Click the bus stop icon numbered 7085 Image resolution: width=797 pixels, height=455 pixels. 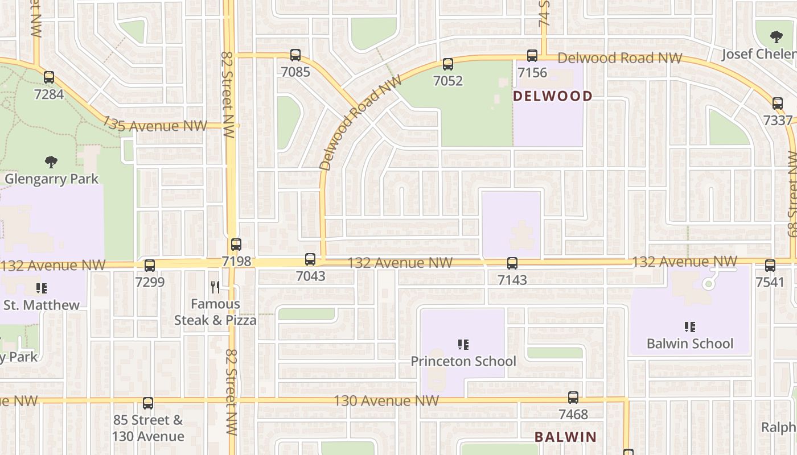295,55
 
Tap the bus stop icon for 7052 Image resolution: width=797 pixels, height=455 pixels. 448,64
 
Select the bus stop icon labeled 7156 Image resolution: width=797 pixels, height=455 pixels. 532,56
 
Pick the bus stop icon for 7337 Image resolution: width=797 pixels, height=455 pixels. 778,104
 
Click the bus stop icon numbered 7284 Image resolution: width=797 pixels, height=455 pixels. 49,77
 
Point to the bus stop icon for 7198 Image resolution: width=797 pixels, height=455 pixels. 236,245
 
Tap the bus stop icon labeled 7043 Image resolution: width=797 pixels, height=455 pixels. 310,259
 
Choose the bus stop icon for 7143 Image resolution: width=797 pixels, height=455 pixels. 512,263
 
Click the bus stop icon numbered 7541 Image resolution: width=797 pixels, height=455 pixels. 770,265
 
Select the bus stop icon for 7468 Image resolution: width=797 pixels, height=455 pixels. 573,398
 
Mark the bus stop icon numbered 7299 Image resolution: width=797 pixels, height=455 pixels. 150,265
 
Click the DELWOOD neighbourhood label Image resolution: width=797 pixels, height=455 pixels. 553,96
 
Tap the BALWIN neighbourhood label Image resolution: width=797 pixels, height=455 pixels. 565,437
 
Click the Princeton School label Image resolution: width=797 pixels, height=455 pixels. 463,361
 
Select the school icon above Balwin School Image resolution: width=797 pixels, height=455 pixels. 690,327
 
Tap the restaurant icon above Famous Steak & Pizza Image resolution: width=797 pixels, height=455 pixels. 215,287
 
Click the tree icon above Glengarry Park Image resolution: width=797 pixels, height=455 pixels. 51,162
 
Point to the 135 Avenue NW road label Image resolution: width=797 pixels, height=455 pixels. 155,125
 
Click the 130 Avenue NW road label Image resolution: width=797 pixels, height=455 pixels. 386,401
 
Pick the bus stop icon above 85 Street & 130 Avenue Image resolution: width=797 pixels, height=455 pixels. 148,403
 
